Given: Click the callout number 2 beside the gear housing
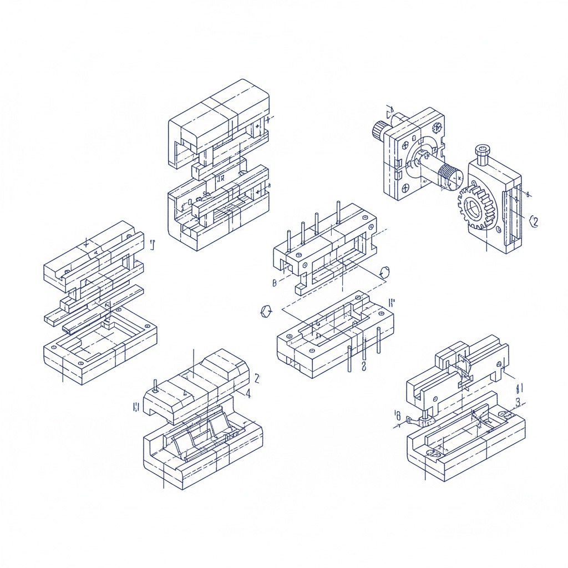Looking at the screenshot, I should coord(534,221).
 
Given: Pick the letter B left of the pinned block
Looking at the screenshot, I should coord(275,283).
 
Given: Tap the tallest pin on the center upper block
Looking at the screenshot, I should coord(338,212).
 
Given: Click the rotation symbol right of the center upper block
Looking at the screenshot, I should coord(385,272).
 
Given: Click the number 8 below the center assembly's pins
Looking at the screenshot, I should coord(363,367).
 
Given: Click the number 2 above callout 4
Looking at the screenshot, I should coord(257,378).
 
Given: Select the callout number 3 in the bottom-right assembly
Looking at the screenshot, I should coord(518,402).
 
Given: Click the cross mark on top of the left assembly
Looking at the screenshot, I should coord(85,242).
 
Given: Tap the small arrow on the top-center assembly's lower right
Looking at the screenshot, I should coord(268,185).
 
